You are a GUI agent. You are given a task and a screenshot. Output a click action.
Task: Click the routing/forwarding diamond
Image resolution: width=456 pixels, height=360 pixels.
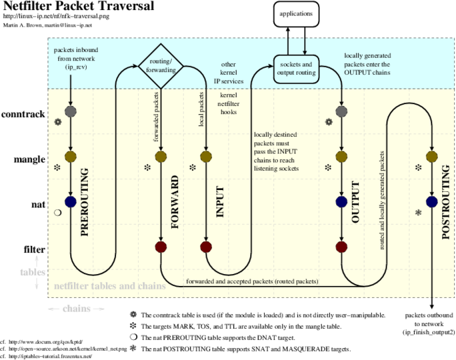tap(161, 66)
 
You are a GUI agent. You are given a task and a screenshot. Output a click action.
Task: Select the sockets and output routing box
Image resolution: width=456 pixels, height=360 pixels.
tap(297, 69)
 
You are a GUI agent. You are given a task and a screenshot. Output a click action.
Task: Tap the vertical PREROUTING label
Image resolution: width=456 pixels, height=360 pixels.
tap(84, 202)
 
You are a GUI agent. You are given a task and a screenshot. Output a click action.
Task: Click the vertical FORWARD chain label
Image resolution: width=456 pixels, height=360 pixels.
tap(175, 202)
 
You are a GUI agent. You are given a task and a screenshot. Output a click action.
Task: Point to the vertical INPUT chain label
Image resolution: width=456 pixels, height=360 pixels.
tap(220, 201)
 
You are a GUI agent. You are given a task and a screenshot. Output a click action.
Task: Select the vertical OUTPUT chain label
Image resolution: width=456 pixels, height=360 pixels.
tap(355, 202)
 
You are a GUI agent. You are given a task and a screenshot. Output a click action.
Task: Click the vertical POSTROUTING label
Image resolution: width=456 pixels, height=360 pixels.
tap(446, 202)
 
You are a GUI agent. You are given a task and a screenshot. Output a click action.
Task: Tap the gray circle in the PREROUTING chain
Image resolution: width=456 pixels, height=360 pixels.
tap(70, 111)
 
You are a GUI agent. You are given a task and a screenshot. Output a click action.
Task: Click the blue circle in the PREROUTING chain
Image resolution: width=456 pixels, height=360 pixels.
tap(70, 202)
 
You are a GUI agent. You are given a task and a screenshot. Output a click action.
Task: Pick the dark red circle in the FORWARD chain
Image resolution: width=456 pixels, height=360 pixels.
tap(161, 247)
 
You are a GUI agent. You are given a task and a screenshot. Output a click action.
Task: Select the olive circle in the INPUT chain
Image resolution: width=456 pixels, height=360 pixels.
tap(206, 157)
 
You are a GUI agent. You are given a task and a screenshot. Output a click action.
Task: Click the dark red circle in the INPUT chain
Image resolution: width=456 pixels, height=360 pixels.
tap(206, 247)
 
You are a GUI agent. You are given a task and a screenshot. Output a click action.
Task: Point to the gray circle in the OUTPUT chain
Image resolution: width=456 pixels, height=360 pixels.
tap(341, 111)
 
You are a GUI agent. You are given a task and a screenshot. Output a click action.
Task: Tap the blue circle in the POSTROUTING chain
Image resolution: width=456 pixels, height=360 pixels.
tap(431, 202)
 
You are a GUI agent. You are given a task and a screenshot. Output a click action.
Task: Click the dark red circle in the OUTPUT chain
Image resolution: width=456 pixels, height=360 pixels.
tap(341, 247)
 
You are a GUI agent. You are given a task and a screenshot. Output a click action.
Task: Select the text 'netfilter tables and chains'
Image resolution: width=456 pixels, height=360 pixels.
tap(110, 287)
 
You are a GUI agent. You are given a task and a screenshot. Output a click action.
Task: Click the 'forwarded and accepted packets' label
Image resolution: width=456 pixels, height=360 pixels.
tap(252, 281)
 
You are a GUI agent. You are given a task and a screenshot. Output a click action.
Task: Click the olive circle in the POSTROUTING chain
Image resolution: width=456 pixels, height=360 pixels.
tap(431, 157)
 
